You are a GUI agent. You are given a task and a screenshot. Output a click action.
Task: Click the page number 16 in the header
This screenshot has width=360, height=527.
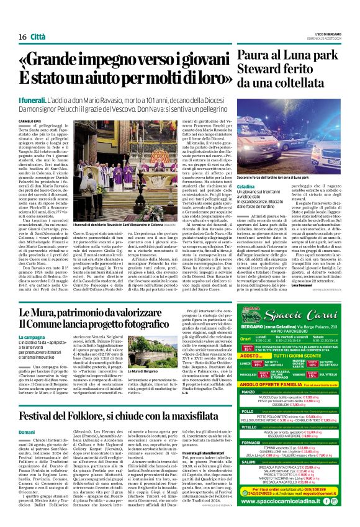[22, 37]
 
